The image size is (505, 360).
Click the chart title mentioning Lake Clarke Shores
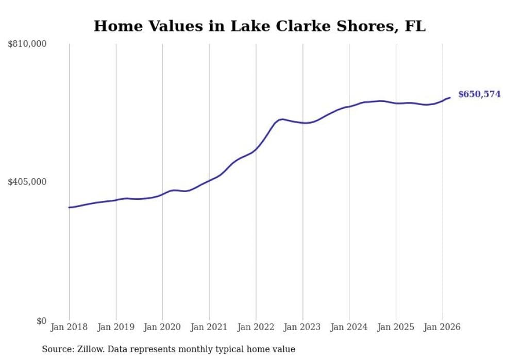pos(259,26)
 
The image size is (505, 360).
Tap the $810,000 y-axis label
pos(27,44)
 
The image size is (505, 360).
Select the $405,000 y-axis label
pos(27,182)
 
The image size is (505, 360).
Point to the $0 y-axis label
pos(41,321)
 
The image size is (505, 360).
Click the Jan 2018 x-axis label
pos(69,327)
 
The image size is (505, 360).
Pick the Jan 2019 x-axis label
pos(115,327)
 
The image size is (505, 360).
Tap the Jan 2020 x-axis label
pos(162,327)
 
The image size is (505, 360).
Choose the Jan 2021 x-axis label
pos(209,327)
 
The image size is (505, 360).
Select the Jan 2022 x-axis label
pos(256,327)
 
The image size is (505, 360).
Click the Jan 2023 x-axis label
pos(302,327)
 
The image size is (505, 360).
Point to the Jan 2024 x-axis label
pos(349,327)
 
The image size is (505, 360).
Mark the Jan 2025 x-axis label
pos(396,327)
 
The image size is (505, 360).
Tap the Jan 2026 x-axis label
pos(442,327)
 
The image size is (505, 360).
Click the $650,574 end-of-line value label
pos(479,94)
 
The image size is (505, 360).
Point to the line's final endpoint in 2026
pos(450,97)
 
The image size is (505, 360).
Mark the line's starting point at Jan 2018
pos(69,208)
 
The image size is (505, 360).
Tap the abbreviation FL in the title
pos(415,26)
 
